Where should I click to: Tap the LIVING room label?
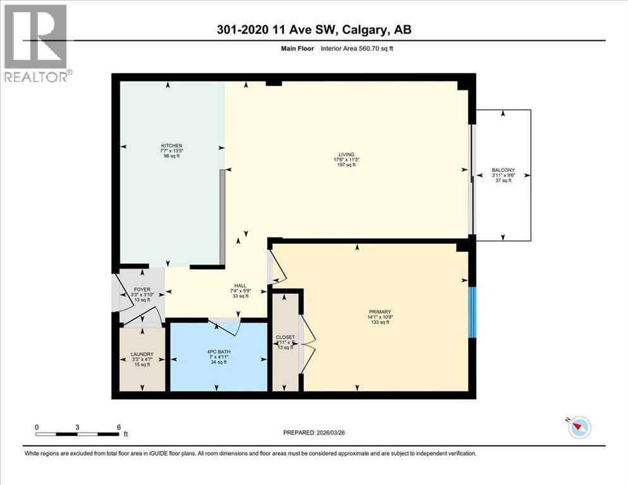point(346,154)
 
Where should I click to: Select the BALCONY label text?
point(503,170)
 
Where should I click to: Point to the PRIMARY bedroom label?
point(380,311)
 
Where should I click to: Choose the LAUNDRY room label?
point(142,354)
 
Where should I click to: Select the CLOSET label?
point(285,337)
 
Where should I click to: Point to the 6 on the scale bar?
point(118,427)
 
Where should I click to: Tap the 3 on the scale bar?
point(77,427)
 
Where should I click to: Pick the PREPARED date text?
point(313,433)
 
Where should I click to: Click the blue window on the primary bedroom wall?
point(471,311)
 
